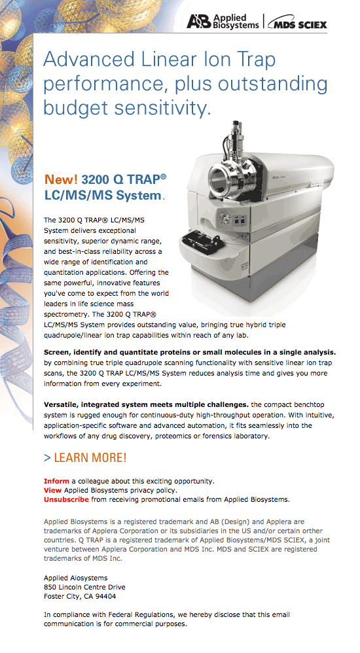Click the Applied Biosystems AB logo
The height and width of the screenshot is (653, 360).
[x=223, y=21]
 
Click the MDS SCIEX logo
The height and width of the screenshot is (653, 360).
[x=298, y=24]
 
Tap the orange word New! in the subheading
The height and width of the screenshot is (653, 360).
[x=61, y=179]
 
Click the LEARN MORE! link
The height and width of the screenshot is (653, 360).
[x=85, y=457]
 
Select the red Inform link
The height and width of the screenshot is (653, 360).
[x=56, y=481]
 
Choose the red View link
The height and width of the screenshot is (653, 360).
[x=52, y=490]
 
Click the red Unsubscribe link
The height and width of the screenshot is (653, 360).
[x=66, y=499]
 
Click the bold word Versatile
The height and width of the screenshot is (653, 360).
[x=61, y=404]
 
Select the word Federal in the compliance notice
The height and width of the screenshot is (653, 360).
[x=123, y=614]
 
